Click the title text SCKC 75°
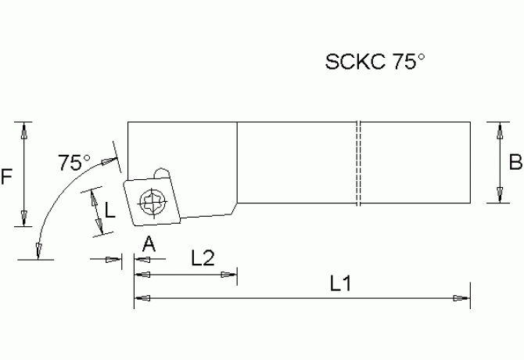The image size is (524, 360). (x=375, y=63)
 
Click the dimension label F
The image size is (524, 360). (x=7, y=177)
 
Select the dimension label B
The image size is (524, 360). (x=515, y=162)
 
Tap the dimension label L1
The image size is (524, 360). (x=339, y=286)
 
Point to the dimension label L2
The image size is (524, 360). (x=203, y=260)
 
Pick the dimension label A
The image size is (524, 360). (x=149, y=245)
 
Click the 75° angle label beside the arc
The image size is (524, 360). (x=74, y=163)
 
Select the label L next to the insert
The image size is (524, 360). (x=110, y=210)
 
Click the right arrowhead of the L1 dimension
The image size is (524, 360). (x=462, y=297)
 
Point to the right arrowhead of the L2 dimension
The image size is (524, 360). (x=229, y=273)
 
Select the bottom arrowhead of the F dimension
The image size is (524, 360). (x=26, y=216)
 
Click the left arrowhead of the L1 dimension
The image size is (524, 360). (x=142, y=297)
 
